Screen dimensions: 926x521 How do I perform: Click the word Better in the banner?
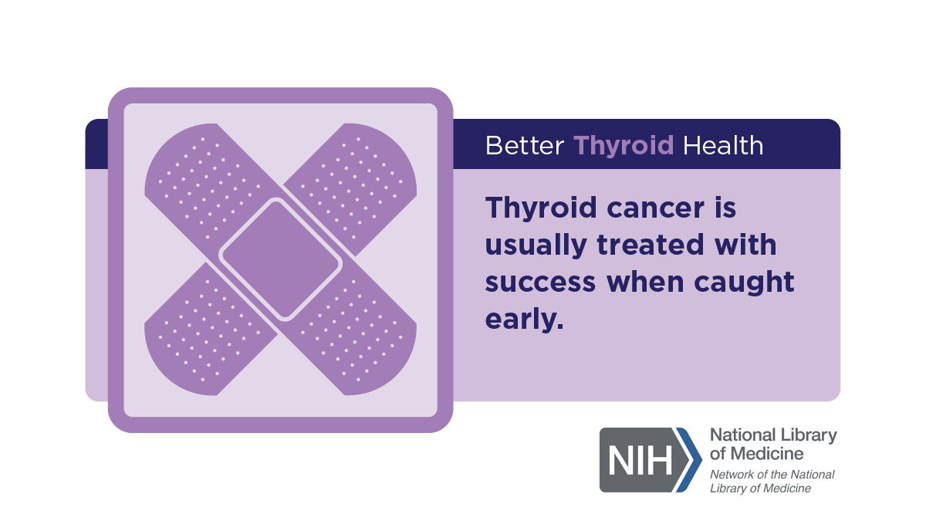point(525,146)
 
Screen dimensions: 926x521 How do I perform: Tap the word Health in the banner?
point(723,146)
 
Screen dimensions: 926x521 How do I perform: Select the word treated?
point(651,245)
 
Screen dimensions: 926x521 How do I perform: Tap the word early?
point(524,320)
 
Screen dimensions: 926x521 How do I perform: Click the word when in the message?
point(644,282)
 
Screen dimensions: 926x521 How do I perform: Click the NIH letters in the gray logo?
point(640,460)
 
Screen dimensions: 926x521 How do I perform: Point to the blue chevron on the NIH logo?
point(690,460)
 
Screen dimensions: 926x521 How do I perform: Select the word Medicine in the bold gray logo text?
point(767,454)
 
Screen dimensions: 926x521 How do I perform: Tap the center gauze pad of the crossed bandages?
point(281,259)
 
